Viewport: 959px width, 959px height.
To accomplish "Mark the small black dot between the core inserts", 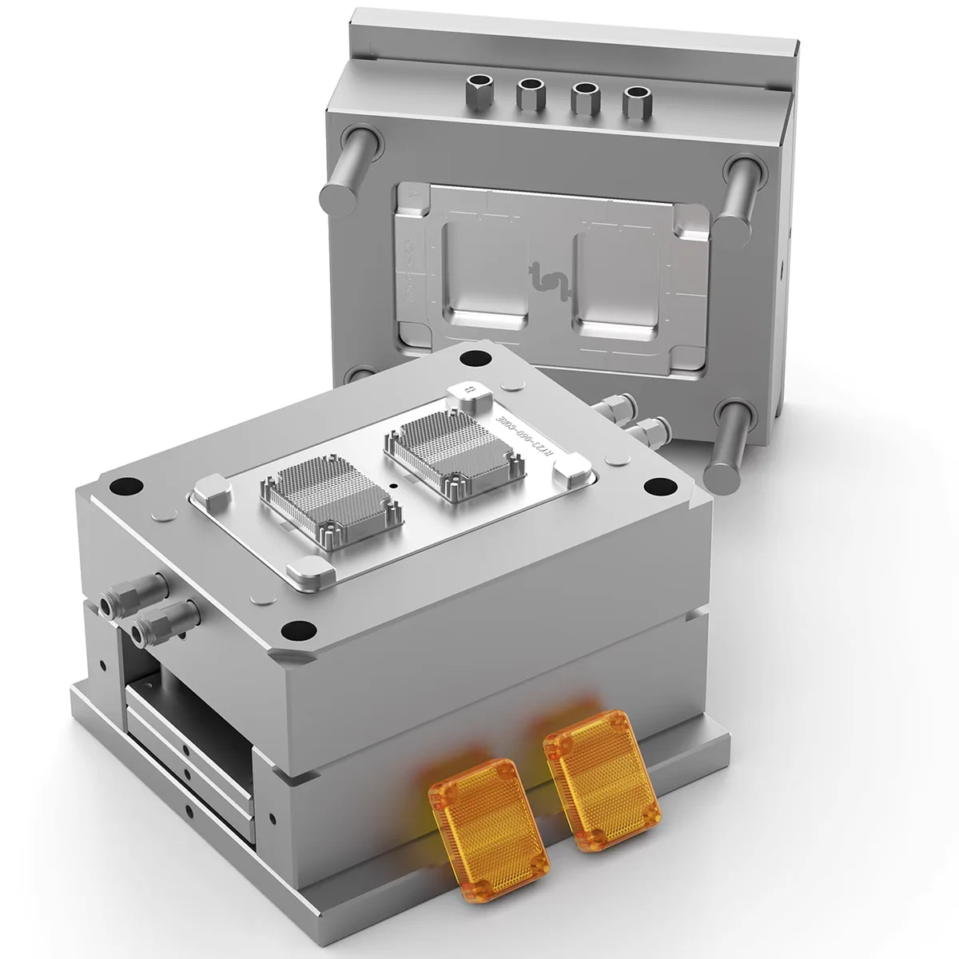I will pyautogui.click(x=393, y=485).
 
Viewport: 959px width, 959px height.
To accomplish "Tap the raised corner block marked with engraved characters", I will pyautogui.click(x=467, y=391).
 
